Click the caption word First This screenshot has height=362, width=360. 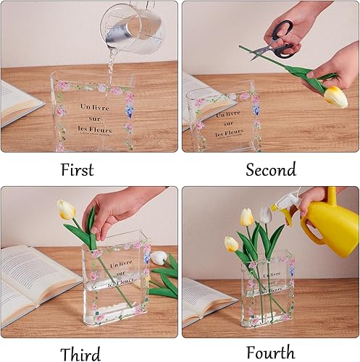(77, 169)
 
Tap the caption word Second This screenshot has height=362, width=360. (270, 169)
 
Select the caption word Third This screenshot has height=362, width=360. (80, 353)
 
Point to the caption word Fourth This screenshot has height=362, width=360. (270, 353)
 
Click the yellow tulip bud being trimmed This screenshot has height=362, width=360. (335, 96)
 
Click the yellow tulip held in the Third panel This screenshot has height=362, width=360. (66, 210)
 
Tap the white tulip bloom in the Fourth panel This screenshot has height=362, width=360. (266, 214)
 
